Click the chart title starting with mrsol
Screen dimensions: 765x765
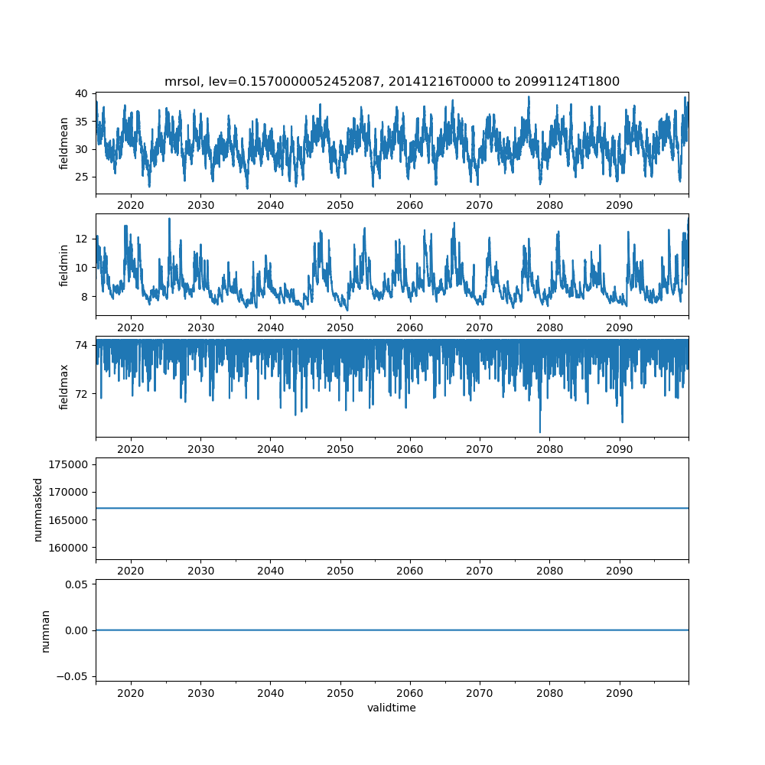click(x=392, y=81)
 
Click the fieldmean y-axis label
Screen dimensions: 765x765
click(x=64, y=143)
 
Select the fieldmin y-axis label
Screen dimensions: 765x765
click(x=64, y=265)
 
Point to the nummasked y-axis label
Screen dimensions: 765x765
click(x=38, y=509)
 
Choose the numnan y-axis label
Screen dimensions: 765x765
click(x=45, y=630)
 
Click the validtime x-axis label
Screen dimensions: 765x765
click(x=392, y=708)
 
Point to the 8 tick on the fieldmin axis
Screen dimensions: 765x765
click(x=85, y=296)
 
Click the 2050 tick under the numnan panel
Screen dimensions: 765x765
click(x=340, y=692)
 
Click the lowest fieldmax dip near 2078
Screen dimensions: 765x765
click(x=540, y=432)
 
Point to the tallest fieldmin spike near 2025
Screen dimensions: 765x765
click(x=169, y=219)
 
